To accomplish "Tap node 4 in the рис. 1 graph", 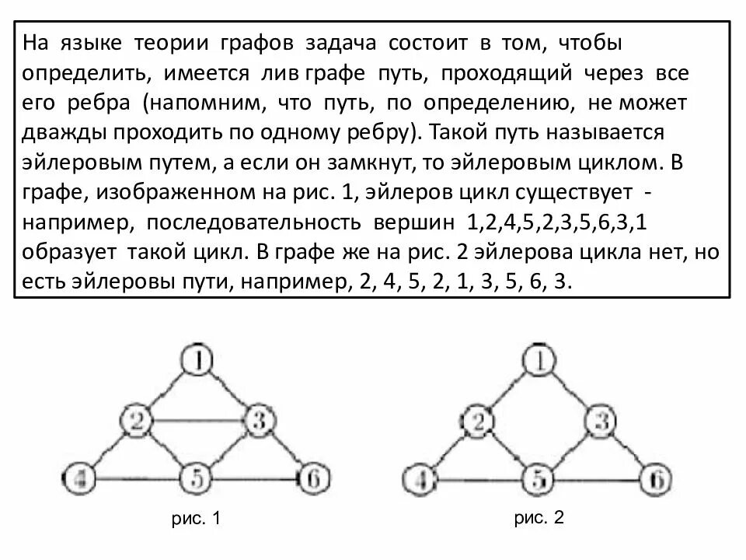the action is click(x=79, y=478).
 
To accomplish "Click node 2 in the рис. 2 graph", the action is click(x=480, y=422).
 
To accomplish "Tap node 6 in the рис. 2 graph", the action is click(x=657, y=478).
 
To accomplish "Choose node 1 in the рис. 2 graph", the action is click(x=541, y=360).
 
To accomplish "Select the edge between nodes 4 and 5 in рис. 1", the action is click(x=138, y=478).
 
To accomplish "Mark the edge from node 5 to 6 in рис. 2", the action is click(x=598, y=478).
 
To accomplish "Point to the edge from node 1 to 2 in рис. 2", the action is click(x=511, y=391).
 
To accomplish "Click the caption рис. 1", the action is click(x=197, y=519).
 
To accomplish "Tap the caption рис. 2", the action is click(x=539, y=519).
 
